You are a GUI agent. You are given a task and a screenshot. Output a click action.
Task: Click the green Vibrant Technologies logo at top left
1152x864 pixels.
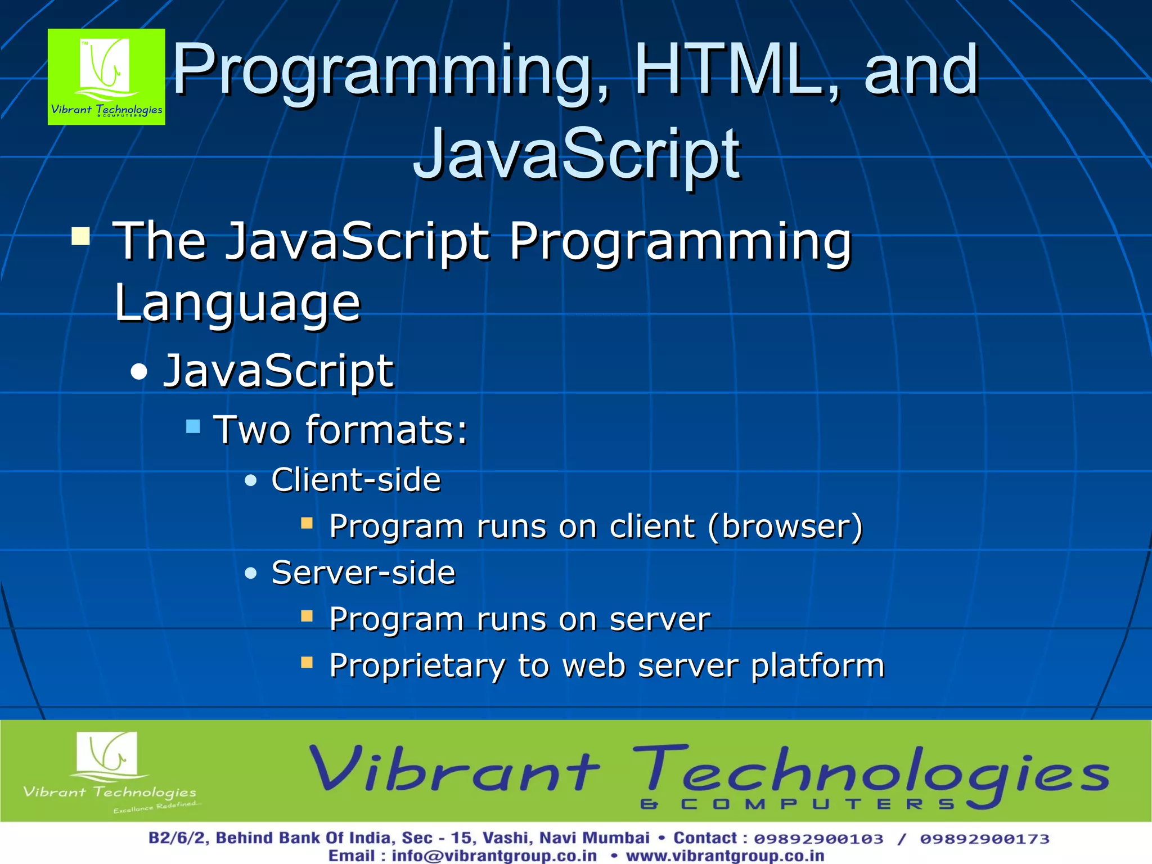[106, 76]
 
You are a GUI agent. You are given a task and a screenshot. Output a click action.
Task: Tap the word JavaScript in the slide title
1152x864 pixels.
[577, 154]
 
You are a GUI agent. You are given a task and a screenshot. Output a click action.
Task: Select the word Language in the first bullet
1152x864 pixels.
[237, 304]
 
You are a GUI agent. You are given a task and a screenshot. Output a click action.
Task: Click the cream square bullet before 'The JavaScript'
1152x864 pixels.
[81, 236]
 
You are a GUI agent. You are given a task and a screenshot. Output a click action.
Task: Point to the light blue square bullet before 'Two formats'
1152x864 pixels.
[193, 426]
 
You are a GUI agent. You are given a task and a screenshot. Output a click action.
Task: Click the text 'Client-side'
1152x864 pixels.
[356, 480]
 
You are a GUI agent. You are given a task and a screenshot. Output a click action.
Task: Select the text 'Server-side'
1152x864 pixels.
[363, 573]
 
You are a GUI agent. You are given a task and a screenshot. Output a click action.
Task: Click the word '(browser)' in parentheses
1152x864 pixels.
[785, 527]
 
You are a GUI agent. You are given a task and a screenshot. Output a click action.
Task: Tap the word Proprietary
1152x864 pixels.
[417, 666]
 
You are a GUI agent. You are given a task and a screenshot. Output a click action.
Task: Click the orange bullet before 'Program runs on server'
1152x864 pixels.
[307, 616]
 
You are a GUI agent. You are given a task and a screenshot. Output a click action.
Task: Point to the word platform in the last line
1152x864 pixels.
[817, 666]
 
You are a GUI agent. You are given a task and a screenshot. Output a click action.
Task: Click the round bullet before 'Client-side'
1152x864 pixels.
[251, 480]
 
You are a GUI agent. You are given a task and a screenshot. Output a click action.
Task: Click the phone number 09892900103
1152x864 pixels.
[818, 839]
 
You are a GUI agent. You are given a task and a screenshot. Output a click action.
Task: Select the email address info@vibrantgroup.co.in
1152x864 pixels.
[494, 856]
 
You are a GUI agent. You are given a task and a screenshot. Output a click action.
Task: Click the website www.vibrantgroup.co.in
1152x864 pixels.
[725, 856]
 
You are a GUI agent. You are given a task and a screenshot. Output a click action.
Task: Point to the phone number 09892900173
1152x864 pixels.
[984, 839]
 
